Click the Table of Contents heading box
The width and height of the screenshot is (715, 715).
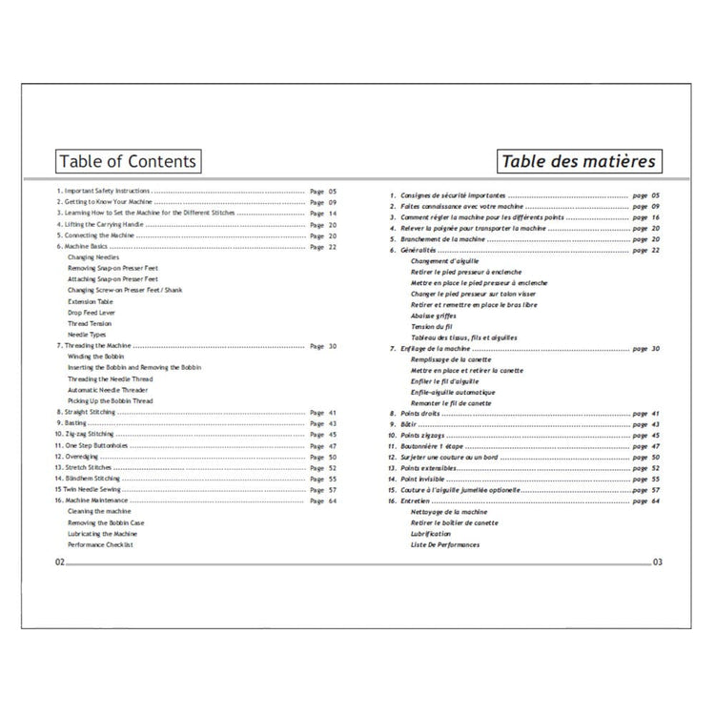coord(127,161)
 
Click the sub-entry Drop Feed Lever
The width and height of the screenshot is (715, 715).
coord(92,313)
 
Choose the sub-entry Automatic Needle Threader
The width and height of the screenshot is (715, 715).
coord(110,390)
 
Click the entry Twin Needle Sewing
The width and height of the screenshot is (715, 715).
coord(94,489)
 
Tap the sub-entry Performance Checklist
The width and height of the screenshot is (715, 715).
coord(100,544)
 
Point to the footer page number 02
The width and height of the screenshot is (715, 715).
coord(60,563)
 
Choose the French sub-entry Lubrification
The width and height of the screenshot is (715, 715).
coord(431,534)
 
